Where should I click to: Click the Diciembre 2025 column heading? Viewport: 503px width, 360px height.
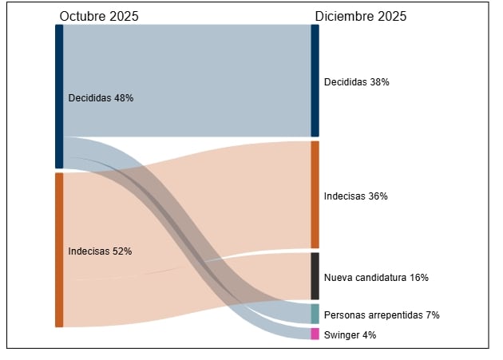tap(360, 16)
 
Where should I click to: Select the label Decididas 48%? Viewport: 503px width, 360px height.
tap(101, 98)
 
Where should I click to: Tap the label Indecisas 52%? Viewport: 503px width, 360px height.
tap(100, 251)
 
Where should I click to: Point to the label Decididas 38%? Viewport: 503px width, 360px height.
tap(356, 81)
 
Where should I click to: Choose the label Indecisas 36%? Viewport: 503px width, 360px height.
tap(355, 196)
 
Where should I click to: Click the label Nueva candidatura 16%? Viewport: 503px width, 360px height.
tap(376, 278)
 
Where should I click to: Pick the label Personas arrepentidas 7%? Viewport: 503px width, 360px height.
tap(382, 315)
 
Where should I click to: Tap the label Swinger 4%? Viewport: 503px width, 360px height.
tap(350, 335)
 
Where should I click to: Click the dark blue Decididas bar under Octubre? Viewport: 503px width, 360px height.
tap(59, 96)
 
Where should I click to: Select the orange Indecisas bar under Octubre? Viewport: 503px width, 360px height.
tap(59, 250)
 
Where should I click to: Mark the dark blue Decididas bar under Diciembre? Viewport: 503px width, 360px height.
tap(315, 81)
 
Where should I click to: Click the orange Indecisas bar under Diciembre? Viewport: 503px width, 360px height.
tap(315, 195)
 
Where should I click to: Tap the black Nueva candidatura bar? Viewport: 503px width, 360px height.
tap(315, 276)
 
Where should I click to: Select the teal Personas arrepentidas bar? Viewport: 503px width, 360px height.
tap(315, 314)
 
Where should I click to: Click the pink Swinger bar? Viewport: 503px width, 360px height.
tap(315, 334)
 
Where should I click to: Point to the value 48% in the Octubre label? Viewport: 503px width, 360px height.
tap(123, 98)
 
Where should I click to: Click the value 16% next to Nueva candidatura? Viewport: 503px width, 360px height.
tap(418, 278)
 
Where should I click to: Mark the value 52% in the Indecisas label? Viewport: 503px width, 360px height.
tap(122, 251)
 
